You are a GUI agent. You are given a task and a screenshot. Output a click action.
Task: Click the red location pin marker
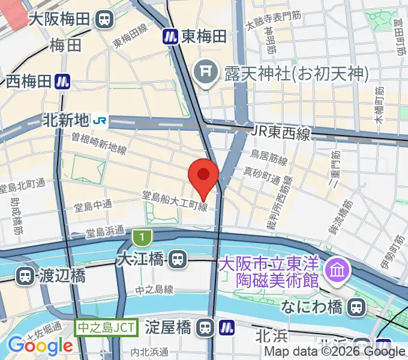point(203,176)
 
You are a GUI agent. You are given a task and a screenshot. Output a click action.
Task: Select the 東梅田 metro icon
point(170,37)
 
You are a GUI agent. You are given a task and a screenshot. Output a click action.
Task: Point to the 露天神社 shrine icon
point(204,74)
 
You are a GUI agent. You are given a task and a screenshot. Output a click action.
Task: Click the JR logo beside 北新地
point(100,121)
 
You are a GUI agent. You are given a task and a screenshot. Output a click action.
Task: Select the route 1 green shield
point(140,238)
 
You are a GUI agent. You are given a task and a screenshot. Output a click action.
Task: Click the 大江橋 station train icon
point(176,260)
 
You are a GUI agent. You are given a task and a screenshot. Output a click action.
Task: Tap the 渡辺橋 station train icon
point(25,277)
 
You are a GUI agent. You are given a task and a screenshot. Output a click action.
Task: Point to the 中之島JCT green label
point(106,328)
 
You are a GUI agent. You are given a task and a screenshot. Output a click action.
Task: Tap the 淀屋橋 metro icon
point(226,328)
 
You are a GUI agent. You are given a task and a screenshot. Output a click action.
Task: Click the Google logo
point(40,345)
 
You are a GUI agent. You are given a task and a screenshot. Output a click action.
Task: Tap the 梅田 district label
point(65,46)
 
